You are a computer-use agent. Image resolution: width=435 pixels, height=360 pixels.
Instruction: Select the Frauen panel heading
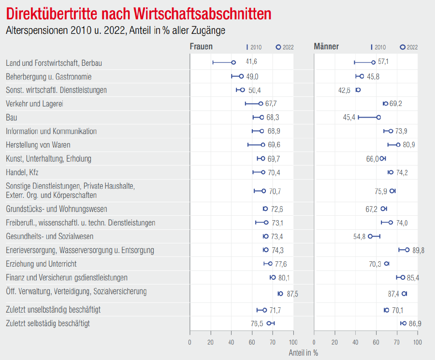coord(201,47)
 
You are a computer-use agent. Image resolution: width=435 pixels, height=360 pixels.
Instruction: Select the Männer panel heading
coord(326,47)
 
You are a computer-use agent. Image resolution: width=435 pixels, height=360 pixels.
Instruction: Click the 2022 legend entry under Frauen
coord(285,47)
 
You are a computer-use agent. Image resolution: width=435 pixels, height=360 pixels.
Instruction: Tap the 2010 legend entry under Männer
coord(378,47)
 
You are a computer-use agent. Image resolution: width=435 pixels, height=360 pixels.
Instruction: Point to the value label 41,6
coord(251,62)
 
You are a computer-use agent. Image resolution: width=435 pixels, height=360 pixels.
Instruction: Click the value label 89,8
coord(419,250)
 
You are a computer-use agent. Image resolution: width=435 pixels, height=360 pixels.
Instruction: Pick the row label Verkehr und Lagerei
coord(34,104)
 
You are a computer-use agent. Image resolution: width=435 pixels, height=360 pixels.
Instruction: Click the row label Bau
coord(12,118)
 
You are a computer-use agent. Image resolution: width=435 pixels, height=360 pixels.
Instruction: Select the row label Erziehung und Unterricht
coord(41,264)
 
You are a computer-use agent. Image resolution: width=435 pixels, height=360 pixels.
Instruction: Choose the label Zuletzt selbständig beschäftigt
coord(48,323)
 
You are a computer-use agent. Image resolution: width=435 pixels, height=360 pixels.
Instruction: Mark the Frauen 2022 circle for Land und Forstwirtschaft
coord(233,62)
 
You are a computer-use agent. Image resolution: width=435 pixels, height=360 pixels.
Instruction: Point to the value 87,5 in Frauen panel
coord(292,294)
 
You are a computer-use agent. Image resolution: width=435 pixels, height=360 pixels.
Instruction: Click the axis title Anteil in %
coord(303,353)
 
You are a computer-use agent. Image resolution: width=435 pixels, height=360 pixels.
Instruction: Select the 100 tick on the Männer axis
coord(418,342)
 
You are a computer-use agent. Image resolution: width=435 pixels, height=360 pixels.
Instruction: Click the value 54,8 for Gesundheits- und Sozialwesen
coord(359,237)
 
